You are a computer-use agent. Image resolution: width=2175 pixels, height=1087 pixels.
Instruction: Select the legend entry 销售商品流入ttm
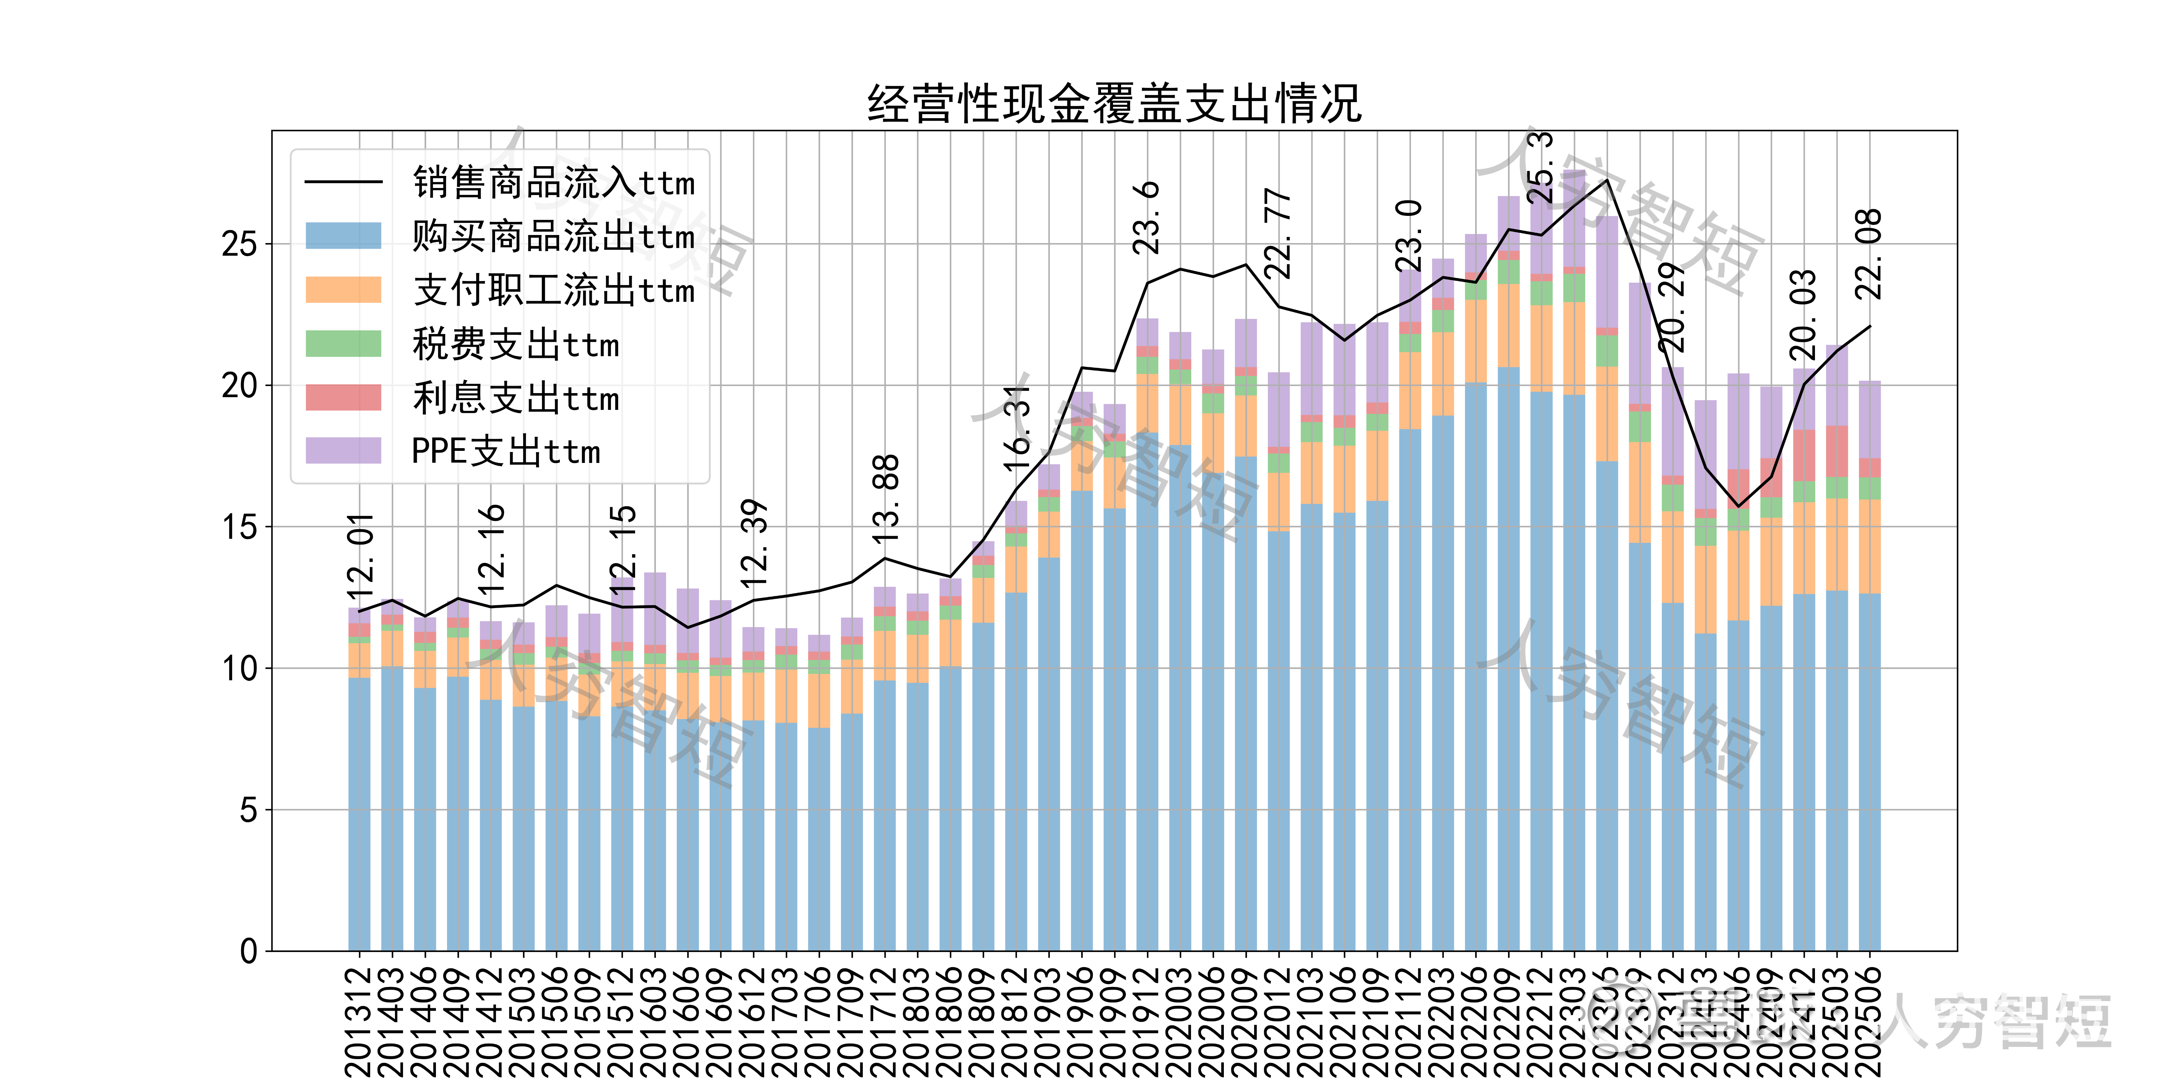click(x=553, y=182)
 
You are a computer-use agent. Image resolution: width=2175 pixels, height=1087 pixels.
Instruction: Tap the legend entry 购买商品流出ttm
click(x=553, y=236)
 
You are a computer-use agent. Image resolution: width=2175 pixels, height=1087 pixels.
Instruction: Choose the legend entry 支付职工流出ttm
click(x=553, y=290)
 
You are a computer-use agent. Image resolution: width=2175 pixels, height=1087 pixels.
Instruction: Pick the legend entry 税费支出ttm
click(x=515, y=344)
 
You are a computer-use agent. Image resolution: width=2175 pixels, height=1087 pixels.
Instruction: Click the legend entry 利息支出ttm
click(x=515, y=398)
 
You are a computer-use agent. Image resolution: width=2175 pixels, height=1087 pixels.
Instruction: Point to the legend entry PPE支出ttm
click(x=505, y=452)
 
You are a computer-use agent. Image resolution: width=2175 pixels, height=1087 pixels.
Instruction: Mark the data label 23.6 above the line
click(x=1147, y=218)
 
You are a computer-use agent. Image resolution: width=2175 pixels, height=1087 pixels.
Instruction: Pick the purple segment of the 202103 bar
click(x=1311, y=369)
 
